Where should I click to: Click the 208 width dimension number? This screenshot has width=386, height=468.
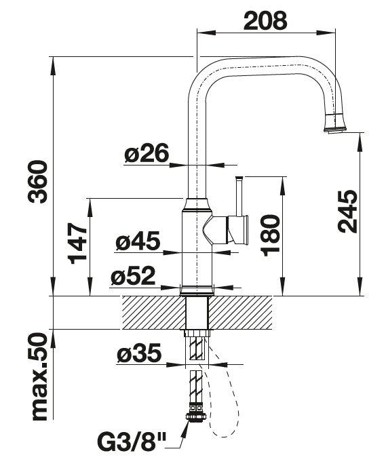pyautogui.click(x=265, y=20)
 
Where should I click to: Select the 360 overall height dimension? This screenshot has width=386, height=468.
pyautogui.click(x=37, y=182)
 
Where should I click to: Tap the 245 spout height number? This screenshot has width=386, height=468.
pyautogui.click(x=347, y=211)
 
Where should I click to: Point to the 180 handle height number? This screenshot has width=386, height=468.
pyautogui.click(x=271, y=235)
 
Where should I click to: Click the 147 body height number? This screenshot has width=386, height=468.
pyautogui.click(x=77, y=243)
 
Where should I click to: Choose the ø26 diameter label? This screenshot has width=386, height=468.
pyautogui.click(x=147, y=153)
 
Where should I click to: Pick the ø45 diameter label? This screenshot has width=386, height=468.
pyautogui.click(x=138, y=241)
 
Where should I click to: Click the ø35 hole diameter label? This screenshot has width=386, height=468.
pyautogui.click(x=139, y=354)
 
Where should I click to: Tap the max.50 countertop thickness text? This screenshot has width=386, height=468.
pyautogui.click(x=40, y=377)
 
